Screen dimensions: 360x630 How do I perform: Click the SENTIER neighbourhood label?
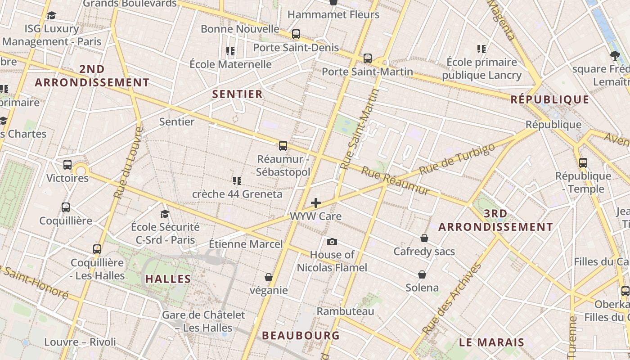[237, 94]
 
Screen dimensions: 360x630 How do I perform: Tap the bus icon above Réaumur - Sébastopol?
[283, 145]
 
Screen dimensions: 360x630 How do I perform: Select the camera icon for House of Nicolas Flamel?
[332, 242]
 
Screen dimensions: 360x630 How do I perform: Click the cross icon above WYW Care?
[316, 203]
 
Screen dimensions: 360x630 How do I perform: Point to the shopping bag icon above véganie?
[269, 277]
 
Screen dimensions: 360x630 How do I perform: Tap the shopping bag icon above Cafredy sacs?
[424, 238]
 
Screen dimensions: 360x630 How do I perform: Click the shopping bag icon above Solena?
[422, 274]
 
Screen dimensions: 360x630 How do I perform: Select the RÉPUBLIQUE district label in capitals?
[550, 99]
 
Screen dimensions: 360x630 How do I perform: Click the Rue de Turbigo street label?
[457, 159]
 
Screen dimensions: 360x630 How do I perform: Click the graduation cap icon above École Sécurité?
[165, 214]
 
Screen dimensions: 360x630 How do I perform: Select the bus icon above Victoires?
[67, 165]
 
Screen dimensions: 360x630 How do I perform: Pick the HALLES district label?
[168, 279]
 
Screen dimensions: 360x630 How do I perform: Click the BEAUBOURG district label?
[301, 335]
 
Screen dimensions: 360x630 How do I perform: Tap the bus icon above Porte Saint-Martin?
[368, 58]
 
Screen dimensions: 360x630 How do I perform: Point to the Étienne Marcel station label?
[246, 244]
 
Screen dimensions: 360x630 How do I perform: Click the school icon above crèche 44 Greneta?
[237, 181]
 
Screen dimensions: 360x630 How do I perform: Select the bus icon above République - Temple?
[583, 162]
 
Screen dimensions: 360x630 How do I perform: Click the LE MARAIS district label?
[491, 342]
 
